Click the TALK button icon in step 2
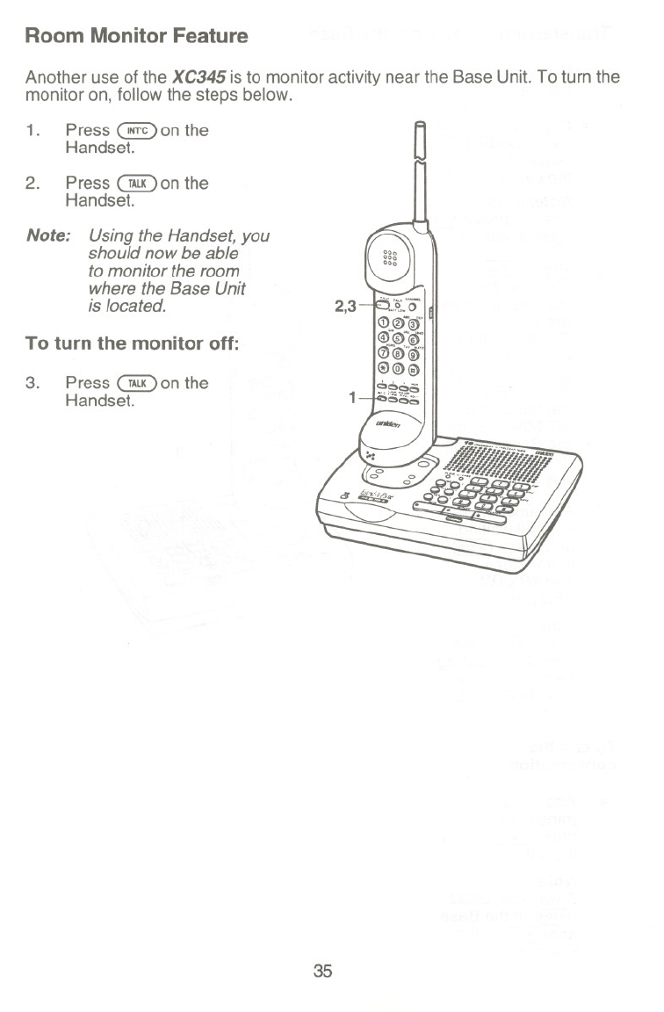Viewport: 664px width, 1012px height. coord(136,184)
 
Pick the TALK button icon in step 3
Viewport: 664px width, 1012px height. coord(136,383)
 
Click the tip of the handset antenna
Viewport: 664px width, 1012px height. coord(421,126)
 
